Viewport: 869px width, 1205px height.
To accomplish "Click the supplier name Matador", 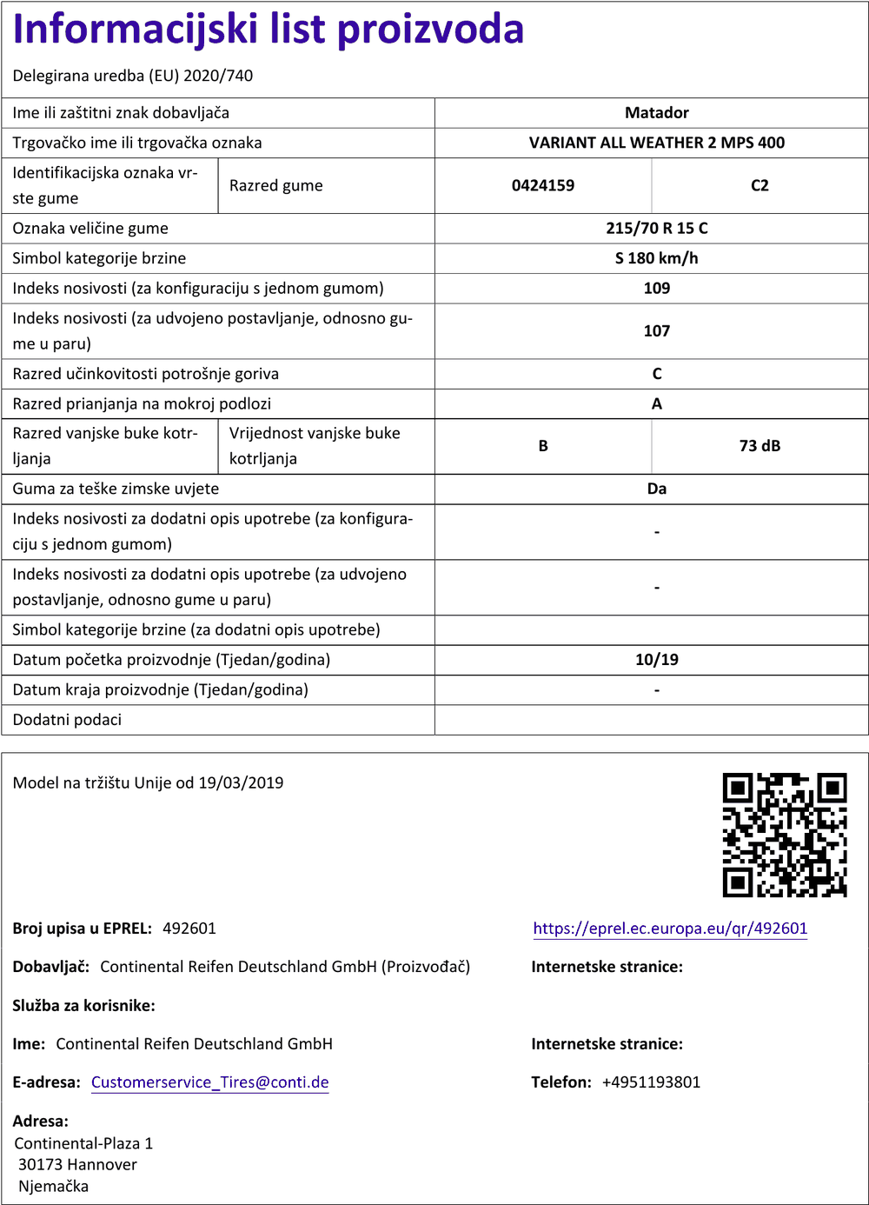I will (656, 113).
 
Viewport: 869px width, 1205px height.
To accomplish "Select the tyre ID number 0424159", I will (543, 185).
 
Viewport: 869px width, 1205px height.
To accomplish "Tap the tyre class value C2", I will (760, 185).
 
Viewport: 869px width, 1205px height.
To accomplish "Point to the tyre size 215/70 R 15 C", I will (656, 229).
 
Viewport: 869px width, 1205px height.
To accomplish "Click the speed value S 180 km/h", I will (656, 258).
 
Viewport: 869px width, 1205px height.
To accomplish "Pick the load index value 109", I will (656, 289).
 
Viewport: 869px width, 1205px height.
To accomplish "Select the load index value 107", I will (656, 331).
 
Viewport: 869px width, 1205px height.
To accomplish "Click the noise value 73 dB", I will (760, 446).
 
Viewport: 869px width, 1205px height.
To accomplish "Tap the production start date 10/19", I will (656, 660).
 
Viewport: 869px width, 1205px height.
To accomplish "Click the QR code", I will (784, 835).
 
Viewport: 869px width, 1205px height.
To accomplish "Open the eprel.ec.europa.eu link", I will (670, 929).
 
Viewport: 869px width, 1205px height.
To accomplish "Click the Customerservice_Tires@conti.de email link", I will (209, 1082).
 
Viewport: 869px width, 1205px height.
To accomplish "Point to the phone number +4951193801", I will (651, 1082).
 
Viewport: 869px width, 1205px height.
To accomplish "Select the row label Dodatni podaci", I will (67, 720).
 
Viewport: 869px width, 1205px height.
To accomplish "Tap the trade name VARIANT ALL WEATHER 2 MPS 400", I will (656, 143).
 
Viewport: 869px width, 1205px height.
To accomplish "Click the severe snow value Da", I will (656, 489).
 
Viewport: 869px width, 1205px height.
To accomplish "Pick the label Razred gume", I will (275, 186).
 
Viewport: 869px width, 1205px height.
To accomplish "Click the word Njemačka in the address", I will (53, 1186).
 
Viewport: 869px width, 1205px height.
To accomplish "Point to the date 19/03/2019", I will (241, 782).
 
